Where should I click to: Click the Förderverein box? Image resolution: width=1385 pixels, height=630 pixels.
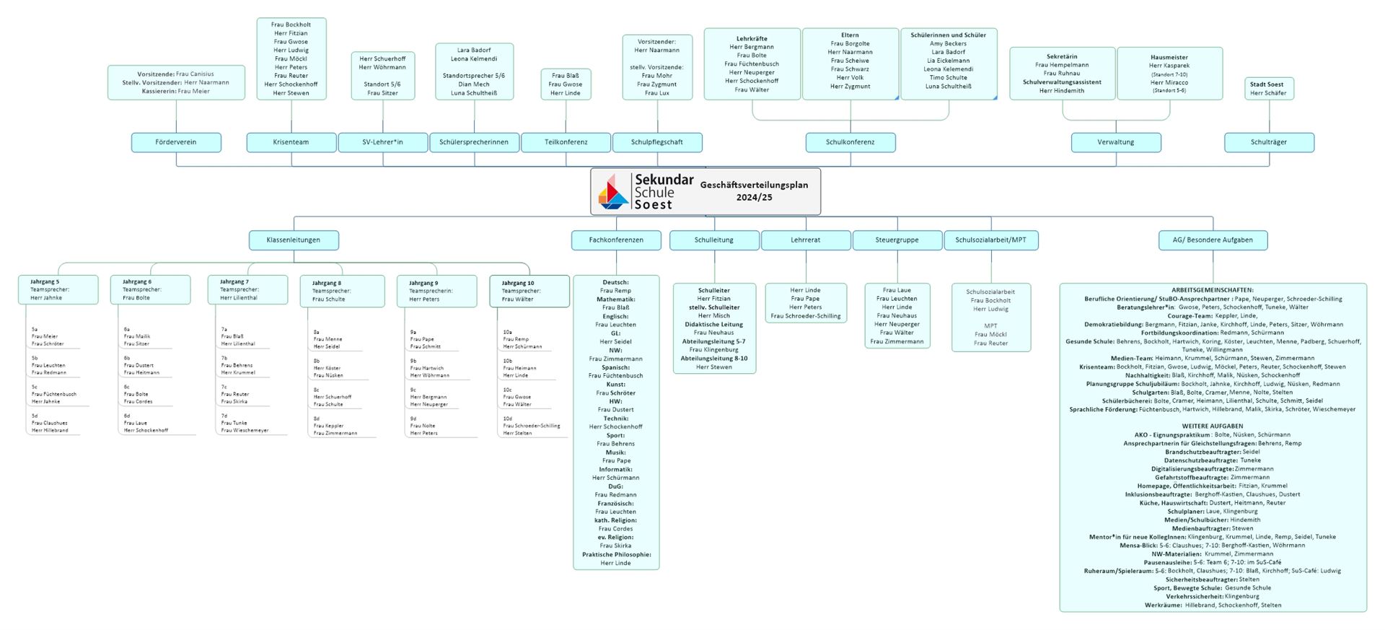point(176,142)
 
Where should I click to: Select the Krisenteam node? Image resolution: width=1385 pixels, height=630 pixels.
point(291,142)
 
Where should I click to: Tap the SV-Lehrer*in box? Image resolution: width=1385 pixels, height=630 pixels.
point(383,142)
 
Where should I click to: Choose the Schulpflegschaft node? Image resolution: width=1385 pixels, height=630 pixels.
point(656,142)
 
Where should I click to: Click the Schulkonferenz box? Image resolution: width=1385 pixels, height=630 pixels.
point(850,142)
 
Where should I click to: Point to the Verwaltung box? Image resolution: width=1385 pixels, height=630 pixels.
point(1115,142)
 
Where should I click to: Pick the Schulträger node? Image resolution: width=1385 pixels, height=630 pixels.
point(1268,142)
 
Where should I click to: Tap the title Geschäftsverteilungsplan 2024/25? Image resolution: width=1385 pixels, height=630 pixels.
point(754,191)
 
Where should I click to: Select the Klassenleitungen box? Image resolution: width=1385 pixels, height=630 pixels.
point(293,240)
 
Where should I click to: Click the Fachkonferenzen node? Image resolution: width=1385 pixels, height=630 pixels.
point(616,240)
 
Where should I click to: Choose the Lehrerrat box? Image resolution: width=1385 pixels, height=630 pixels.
point(805,240)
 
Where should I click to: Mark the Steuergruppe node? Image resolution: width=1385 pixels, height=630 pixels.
point(897,240)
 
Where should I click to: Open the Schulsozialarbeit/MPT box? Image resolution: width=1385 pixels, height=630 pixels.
point(990,240)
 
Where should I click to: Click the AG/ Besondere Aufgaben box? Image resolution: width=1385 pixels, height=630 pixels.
point(1212,240)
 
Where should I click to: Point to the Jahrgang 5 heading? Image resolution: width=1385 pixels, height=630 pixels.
point(45,281)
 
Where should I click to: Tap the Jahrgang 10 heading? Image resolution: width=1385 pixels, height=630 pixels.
point(518,283)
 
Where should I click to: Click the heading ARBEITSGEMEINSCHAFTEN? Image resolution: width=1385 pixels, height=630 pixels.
point(1212,290)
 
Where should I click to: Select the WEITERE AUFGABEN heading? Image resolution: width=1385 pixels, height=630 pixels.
point(1212,426)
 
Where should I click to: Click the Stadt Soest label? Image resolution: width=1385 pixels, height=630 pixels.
point(1267,84)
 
